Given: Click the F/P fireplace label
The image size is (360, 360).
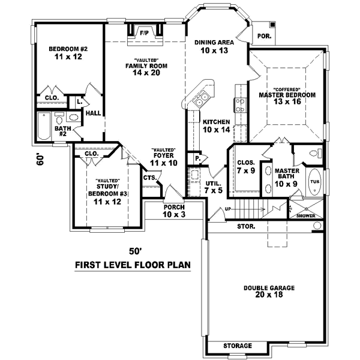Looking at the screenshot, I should (144, 33).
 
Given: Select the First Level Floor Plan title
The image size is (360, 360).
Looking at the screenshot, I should (133, 265).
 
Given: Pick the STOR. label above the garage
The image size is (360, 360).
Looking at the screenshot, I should (246, 227).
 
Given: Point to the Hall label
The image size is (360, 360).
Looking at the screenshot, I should (93, 112).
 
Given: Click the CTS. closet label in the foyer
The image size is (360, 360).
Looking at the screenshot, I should (150, 177).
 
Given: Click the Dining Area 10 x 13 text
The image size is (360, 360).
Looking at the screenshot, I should (213, 46).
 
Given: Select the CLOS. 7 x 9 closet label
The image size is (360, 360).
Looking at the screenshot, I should (246, 166).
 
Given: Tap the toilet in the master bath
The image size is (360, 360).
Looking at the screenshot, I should (312, 155).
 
